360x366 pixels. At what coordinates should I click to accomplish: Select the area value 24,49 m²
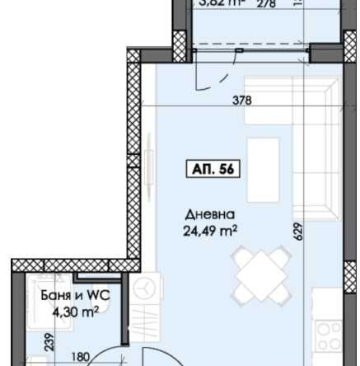point(210,231)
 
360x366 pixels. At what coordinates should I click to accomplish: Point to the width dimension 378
point(241,101)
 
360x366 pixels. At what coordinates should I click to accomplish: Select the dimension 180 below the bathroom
point(80,358)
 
